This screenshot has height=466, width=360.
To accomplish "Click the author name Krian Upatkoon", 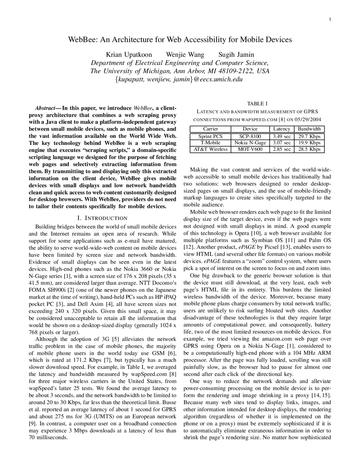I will [129, 55].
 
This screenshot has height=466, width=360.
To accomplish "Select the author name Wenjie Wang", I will [185, 55].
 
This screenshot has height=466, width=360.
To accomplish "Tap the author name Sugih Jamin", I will [236, 55].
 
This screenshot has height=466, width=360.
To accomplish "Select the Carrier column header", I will [210, 129].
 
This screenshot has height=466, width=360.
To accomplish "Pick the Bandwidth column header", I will [309, 129].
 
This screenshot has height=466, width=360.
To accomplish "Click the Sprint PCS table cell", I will [210, 136].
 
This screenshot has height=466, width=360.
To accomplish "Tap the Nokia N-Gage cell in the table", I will [250, 143].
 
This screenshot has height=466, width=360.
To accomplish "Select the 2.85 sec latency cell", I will [282, 149].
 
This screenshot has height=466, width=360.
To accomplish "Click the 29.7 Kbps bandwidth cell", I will [309, 136].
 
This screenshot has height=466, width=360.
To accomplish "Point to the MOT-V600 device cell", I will [250, 149].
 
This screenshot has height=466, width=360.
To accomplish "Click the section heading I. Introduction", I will [102, 218].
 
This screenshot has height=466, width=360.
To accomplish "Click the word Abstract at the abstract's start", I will [45, 108].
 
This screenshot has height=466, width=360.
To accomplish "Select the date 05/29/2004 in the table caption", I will [308, 119].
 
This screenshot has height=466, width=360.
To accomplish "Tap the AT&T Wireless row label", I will [210, 149].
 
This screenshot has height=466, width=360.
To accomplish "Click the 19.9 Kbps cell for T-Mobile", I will [309, 143].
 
